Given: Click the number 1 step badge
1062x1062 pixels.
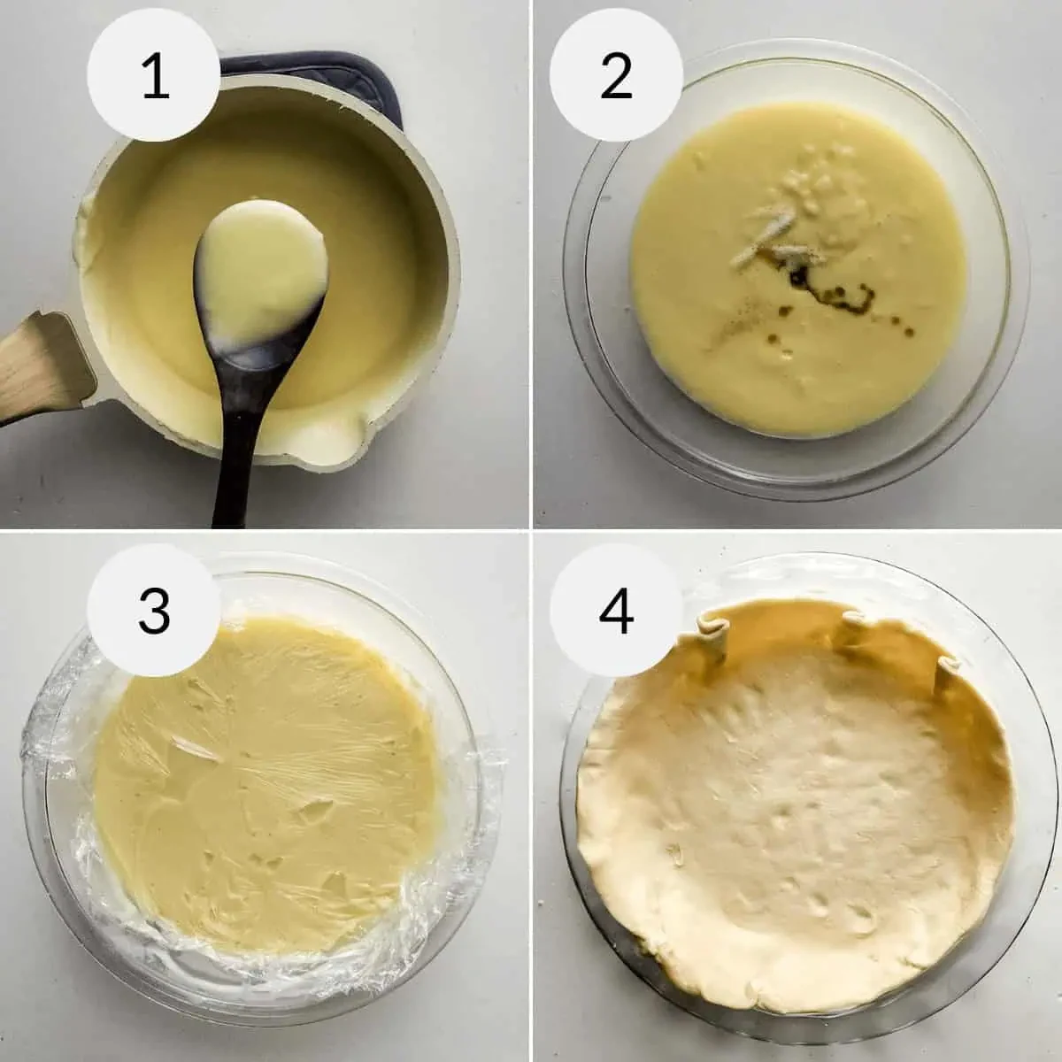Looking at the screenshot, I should coord(154,77).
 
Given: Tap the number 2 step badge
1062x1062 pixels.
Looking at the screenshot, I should coord(616,77).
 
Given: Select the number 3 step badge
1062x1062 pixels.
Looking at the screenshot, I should coord(154,609).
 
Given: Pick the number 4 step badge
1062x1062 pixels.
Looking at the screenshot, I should coord(616,609).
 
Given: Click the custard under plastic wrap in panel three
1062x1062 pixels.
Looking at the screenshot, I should coord(265,779).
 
